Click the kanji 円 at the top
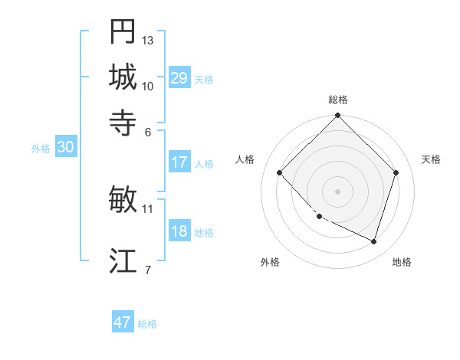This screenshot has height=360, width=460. pos(123,32)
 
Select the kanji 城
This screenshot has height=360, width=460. pos(123,77)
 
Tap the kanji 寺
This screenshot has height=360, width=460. pos(123,121)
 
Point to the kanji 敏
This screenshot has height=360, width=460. pos(123,200)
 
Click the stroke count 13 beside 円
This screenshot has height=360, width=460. pos(148,40)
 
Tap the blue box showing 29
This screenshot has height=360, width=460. pos(179,78)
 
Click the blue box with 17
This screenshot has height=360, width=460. pos(179,162)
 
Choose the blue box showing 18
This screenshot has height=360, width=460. pos(179,232)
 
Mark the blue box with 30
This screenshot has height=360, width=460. pos(65,149)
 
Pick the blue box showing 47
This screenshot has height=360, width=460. pos(123,322)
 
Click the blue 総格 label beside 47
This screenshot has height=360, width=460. pos(147,324)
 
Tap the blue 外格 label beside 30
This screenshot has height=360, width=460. pos(41,149)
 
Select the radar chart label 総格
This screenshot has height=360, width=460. pos(338,100)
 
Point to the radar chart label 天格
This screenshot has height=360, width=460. pos(431,159)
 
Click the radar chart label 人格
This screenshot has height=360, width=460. pos(245,159)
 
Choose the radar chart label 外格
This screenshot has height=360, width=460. pos(270,262)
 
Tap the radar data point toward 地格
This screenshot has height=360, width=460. pos(374,242)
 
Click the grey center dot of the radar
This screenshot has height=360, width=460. pos(338,191)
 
